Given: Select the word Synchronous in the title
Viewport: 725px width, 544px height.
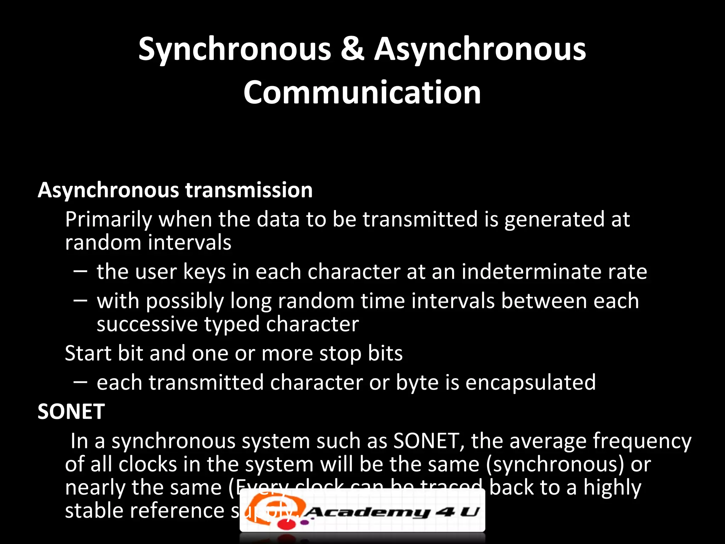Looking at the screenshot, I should coord(235,50).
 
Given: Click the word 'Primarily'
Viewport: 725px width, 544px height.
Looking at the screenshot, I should coord(108,220).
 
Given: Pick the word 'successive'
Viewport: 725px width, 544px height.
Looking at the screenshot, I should coord(147,324).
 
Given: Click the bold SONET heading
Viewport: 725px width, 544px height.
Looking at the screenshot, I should coord(71,412).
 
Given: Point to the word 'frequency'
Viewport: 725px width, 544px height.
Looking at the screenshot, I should coord(642,442).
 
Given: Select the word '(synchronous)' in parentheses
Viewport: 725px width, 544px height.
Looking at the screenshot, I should coord(555,465).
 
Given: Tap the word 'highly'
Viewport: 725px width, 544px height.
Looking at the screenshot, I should coord(612,488).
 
